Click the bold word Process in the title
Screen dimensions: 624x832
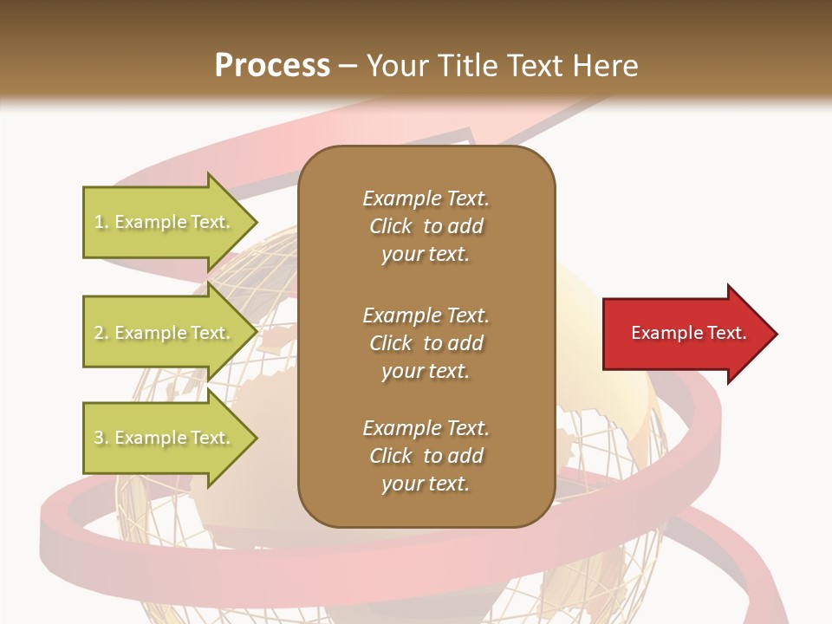click(272, 66)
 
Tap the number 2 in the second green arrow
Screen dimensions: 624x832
click(99, 333)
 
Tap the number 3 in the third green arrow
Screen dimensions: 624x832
click(99, 438)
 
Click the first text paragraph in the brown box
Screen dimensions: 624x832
click(426, 226)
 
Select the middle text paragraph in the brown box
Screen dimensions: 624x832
click(426, 343)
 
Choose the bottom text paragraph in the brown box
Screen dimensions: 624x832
click(426, 456)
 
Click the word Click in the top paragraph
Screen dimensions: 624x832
click(391, 226)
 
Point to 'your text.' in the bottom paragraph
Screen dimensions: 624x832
click(426, 484)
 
